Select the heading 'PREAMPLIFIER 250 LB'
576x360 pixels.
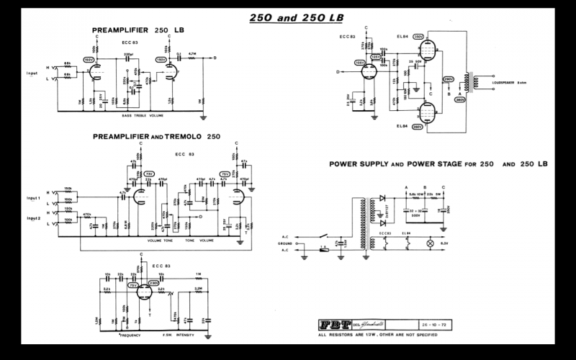coord(132,30)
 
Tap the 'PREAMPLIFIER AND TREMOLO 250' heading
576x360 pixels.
coord(156,136)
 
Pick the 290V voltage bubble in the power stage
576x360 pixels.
coord(447,78)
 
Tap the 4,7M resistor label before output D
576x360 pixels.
coord(192,53)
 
